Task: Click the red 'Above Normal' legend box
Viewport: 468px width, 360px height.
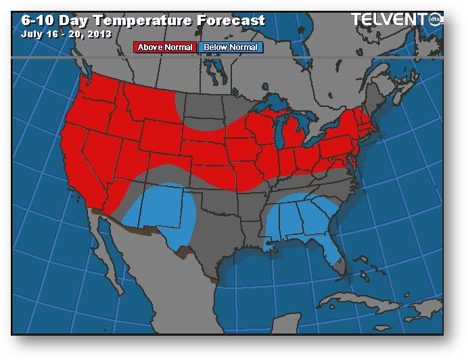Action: (x=165, y=47)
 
